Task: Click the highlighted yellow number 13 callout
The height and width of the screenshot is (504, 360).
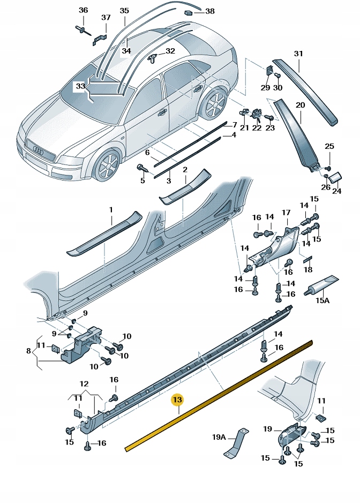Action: [177, 400]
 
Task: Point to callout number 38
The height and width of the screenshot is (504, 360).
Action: [209, 11]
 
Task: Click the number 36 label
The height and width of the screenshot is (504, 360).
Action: [83, 11]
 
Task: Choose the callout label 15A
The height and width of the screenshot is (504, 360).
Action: [322, 300]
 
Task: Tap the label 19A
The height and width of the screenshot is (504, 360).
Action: [219, 437]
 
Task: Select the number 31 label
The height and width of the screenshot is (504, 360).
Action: [298, 54]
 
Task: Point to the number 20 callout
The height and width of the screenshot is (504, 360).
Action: [299, 105]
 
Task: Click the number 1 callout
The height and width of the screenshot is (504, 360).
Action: [111, 209]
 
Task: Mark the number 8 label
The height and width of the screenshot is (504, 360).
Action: [28, 351]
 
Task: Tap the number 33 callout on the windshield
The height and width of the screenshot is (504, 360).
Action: [80, 86]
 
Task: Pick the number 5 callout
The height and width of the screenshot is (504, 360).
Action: [142, 180]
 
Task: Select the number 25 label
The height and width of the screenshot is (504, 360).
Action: [329, 146]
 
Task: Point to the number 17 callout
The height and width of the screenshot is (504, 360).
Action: [286, 213]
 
